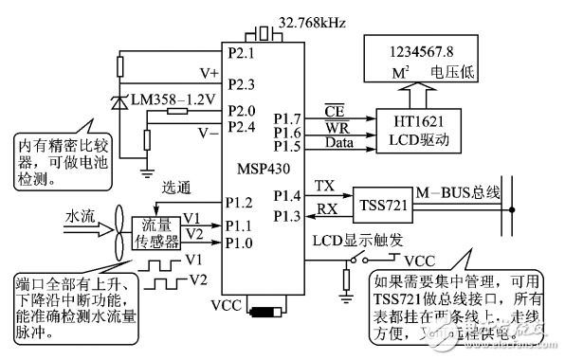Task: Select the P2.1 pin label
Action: pyautogui.click(x=242, y=52)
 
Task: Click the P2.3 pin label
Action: pyautogui.click(x=242, y=84)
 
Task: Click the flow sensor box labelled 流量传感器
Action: pyautogui.click(x=155, y=232)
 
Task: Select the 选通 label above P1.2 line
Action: pyautogui.click(x=177, y=186)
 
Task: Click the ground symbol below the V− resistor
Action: pyautogui.click(x=147, y=171)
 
